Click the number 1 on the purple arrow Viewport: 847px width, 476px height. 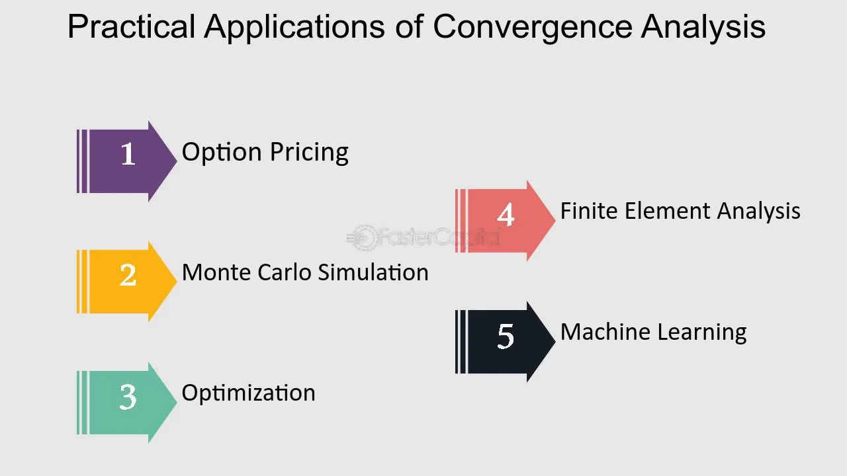tap(128, 154)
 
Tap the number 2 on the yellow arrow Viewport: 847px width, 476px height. tap(128, 275)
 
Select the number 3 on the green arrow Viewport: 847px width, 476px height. tap(128, 397)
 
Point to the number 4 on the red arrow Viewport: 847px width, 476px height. tap(506, 215)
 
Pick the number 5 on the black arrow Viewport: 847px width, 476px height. tap(506, 336)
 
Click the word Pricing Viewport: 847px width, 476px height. tap(308, 153)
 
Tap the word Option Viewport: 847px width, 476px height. tap(222, 153)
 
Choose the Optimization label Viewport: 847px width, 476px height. tap(248, 393)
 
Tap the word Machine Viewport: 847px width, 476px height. tap(600, 332)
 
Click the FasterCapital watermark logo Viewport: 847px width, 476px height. tap(423, 237)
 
